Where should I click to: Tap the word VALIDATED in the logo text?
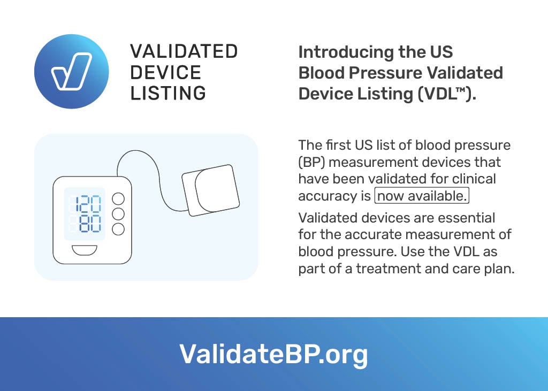184,51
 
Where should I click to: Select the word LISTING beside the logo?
168,93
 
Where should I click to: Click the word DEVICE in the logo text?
166,72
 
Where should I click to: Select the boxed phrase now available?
422,196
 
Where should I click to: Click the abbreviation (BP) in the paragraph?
311,163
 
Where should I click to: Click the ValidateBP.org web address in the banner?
273,354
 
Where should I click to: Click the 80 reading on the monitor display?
90,224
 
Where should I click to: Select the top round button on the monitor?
118,199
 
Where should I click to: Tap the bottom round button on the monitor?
118,229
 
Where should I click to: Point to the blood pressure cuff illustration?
211,190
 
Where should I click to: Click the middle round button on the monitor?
118,214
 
